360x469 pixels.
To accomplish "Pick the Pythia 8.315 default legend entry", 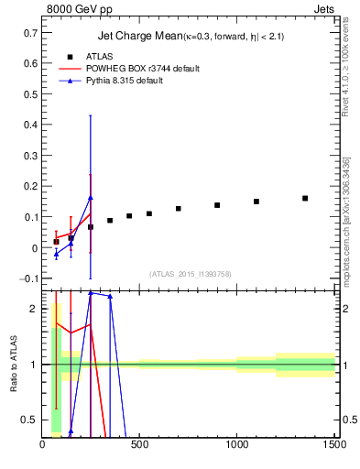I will (126, 81).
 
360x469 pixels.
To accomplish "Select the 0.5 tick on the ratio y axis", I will (32, 420).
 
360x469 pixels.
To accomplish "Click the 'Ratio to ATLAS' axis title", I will (15, 364).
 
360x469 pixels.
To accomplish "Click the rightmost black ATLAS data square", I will (305, 198).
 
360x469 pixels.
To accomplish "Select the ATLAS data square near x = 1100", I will (256, 202).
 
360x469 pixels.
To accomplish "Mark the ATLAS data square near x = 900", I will (217, 205).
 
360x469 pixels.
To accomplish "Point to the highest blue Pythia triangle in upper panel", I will (91, 198).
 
